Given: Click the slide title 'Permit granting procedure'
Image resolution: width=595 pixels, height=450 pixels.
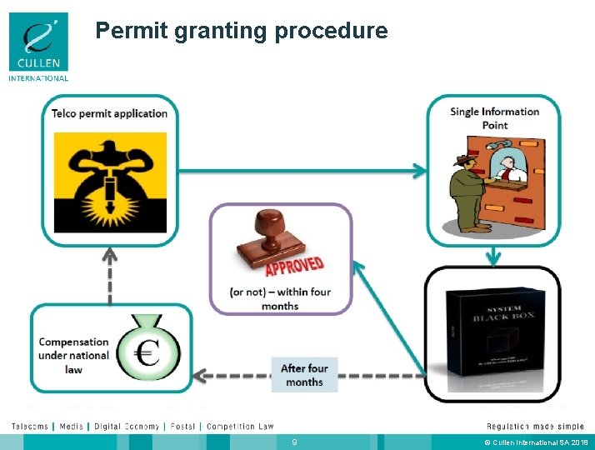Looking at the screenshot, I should [241, 31].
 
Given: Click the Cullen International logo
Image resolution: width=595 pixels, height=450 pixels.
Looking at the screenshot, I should [39, 47].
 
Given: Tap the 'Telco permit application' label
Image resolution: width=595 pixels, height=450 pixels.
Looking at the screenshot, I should [109, 114].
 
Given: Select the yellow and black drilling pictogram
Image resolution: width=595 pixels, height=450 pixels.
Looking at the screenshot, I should [110, 182].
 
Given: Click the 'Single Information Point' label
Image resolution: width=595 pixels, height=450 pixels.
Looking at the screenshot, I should [494, 118].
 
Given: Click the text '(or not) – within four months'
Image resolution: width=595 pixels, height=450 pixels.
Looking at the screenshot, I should [280, 298].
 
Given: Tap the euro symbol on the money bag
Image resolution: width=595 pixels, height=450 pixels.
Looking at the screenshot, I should [148, 353].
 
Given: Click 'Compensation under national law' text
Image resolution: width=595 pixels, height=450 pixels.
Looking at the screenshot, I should [74, 355].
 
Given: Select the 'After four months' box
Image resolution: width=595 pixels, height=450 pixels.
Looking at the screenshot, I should [303, 375].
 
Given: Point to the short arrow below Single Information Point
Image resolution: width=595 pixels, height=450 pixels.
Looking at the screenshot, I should [494, 253].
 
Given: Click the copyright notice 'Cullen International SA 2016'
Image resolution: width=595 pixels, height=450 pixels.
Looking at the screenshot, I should [539, 441].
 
